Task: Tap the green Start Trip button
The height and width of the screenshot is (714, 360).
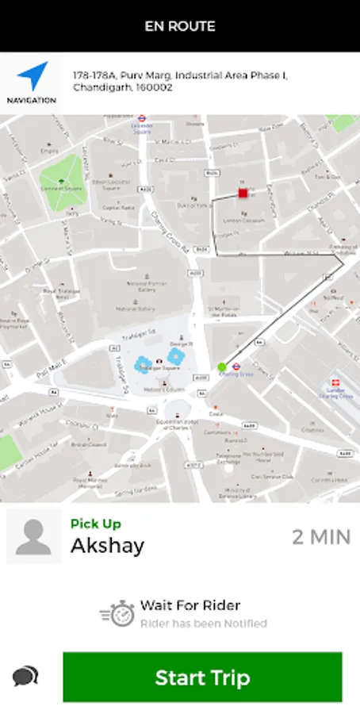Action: coord(202,678)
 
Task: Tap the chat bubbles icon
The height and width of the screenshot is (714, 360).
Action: coord(25,676)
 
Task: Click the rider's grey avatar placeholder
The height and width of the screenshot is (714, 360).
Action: coord(33,537)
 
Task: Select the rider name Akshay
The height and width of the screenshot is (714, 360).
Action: coord(108,546)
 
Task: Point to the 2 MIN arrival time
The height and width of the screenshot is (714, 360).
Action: coord(321,536)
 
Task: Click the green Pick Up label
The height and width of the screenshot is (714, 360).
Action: coord(96,524)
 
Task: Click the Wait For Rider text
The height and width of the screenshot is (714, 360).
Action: coord(190,605)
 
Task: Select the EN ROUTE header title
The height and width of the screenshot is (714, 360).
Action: coord(180,26)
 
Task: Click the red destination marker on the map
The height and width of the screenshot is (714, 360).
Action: coord(243,193)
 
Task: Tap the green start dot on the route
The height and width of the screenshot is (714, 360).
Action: coord(222,367)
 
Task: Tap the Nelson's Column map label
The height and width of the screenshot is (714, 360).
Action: coord(164,389)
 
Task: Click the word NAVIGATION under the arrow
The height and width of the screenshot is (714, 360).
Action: coord(32,101)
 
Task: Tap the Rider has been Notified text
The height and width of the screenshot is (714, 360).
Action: coord(204,624)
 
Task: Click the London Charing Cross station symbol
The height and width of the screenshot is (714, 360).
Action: coord(335,383)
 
